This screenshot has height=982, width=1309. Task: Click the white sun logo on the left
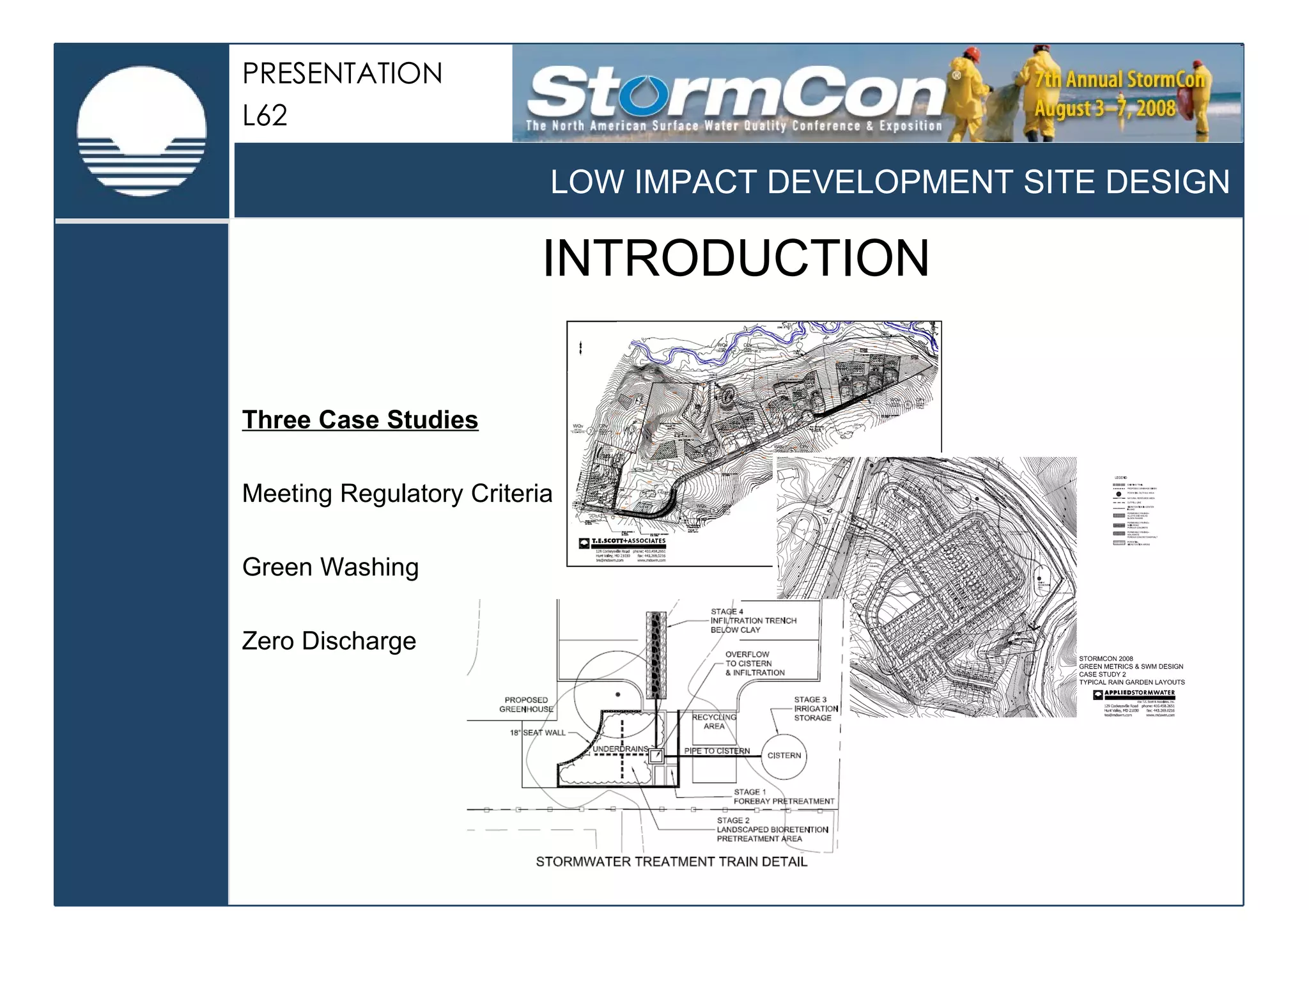coord(141,130)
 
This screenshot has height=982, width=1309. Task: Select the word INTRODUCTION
coord(736,258)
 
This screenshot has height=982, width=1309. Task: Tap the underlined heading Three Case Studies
coord(360,420)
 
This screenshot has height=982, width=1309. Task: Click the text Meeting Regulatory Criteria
coord(397,494)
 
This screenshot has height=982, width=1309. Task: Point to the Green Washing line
coord(330,567)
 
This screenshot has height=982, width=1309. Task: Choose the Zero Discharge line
coord(329,641)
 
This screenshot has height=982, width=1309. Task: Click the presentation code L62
coord(265,116)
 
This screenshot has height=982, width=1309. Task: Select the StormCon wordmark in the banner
coord(735,93)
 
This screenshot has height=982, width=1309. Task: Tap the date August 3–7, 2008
coord(1104,108)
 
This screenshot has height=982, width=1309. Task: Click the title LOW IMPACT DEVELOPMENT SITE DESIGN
coord(890,182)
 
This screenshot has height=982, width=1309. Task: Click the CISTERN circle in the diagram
coord(784,756)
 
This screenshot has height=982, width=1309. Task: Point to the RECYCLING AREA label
coord(714,722)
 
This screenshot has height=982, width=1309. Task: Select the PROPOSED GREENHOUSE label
coord(526,705)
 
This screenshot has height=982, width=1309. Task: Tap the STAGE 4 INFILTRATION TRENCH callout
coord(753,621)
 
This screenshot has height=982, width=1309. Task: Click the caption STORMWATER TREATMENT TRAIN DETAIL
coord(671,862)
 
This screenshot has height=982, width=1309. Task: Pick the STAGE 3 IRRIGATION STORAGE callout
coord(815,709)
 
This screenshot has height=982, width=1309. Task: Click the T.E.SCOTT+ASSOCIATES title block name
coord(628,541)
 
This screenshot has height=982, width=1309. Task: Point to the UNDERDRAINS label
coord(620,749)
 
